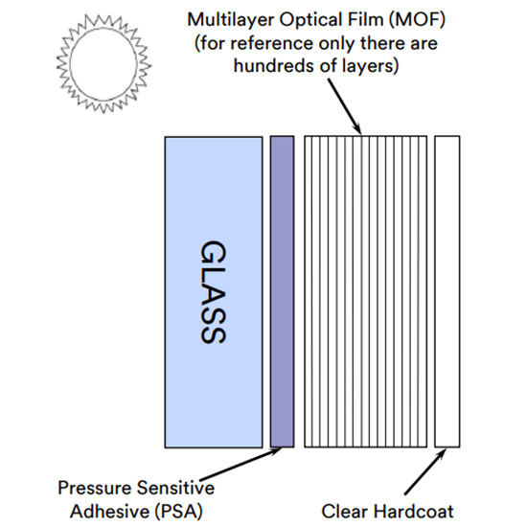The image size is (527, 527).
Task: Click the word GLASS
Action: [213, 291]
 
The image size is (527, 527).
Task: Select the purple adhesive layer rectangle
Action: [283, 291]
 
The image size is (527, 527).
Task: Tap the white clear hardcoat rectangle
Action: [447, 291]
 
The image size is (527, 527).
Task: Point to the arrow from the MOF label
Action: [344, 106]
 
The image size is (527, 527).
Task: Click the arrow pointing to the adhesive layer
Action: [241, 464]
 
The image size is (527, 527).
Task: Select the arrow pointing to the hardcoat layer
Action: [425, 472]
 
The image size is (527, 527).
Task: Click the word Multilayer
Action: [231, 19]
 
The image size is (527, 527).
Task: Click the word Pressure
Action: [95, 488]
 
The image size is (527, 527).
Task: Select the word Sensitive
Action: [175, 488]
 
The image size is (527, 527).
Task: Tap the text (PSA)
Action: [179, 512]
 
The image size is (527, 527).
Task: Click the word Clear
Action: [345, 512]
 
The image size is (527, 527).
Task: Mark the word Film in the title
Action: [367, 19]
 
